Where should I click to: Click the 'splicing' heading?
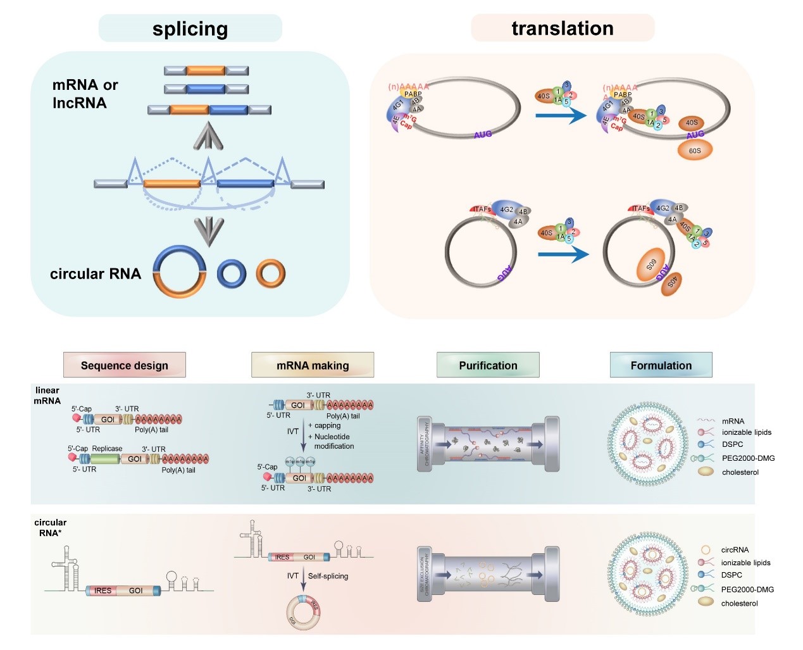point(190,29)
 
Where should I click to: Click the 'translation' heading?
point(563,28)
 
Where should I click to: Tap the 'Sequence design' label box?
point(124,365)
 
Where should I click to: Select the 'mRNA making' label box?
point(313,365)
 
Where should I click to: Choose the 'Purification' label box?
point(488,365)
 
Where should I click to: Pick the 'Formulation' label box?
point(661,365)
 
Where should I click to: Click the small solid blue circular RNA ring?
point(232,273)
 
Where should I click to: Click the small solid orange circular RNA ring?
point(271,273)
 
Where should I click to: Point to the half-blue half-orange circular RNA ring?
point(180,272)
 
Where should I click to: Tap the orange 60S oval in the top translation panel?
point(694,150)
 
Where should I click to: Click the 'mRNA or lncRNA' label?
point(85,94)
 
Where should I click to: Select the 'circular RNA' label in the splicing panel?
point(96,273)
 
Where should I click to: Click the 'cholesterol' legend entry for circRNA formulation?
point(739,603)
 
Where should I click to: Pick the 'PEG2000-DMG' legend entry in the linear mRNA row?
point(748,458)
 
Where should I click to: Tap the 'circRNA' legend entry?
point(735,550)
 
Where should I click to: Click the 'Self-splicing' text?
point(328,576)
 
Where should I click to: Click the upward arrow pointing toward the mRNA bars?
point(208,136)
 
